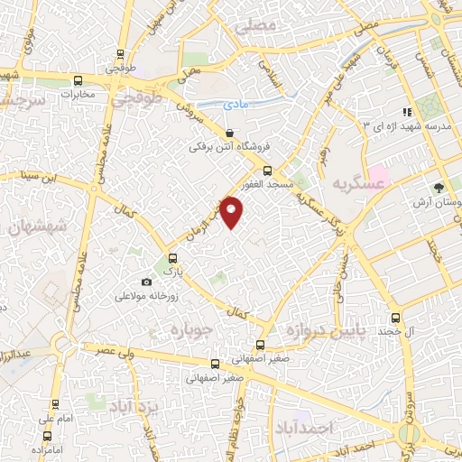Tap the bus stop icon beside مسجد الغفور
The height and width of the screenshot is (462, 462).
pos(266,171)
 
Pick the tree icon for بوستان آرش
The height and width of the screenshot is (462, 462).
pos(439,189)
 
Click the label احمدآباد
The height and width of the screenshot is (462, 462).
pos(306,425)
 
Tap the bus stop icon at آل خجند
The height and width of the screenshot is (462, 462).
pos(395,318)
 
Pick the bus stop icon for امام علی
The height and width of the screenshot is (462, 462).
pos(56,404)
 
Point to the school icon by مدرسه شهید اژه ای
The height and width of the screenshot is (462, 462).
pos(407,112)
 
